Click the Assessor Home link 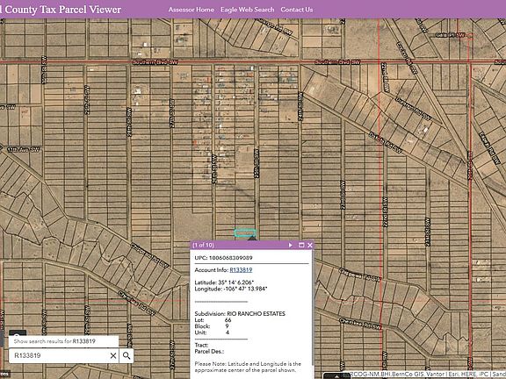(192, 10)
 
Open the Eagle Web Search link (247, 10)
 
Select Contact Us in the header (296, 10)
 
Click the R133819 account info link (242, 269)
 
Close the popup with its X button (310, 245)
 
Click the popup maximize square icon (300, 245)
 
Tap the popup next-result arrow (291, 245)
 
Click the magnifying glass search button (126, 355)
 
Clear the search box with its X (112, 355)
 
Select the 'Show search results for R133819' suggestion (54, 340)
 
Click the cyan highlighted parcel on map (245, 233)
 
